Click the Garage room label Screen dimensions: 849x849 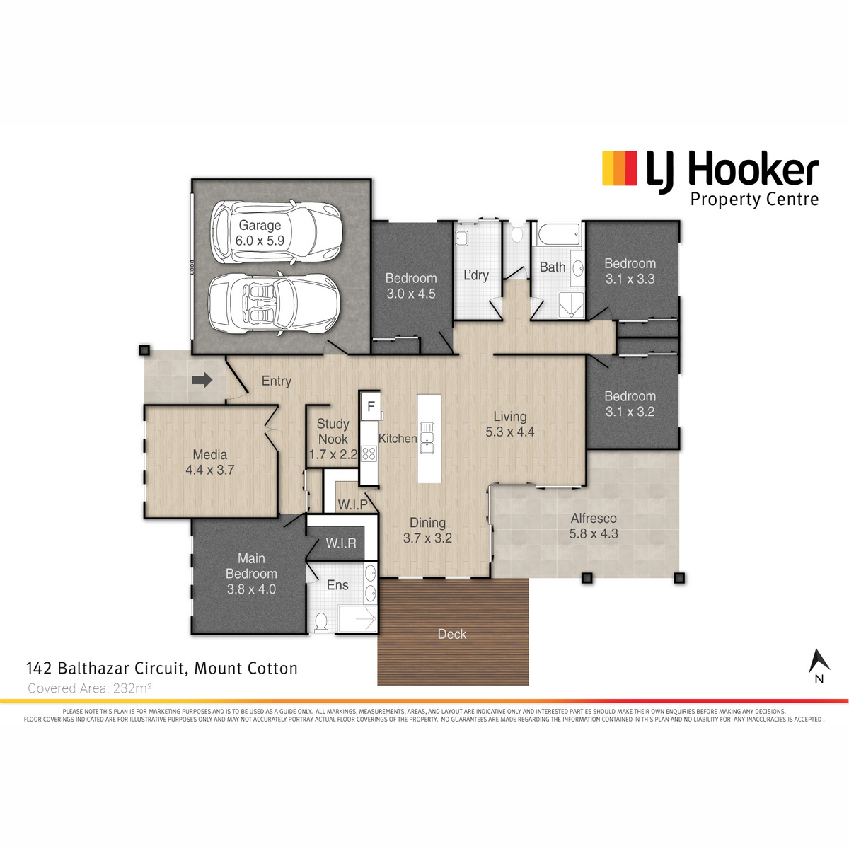point(260,233)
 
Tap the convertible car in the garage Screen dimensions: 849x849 point(274,304)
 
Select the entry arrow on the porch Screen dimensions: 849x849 point(202,380)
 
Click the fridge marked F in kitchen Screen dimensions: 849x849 point(371,405)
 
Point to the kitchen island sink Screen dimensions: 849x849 point(427,437)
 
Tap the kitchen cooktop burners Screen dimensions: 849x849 point(369,454)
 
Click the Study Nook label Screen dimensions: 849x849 point(333,439)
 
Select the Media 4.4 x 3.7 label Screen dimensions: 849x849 point(210,462)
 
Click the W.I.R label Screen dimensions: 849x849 point(341,543)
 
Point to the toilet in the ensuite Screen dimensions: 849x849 point(321,621)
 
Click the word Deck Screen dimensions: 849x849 point(452,634)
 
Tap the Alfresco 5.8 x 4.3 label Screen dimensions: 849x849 point(594,526)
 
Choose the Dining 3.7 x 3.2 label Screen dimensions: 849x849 point(427,531)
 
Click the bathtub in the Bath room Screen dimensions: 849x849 point(558,234)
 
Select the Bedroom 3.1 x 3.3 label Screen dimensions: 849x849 point(630,271)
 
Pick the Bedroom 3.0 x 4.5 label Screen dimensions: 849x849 point(411,286)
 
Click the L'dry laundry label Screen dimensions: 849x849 point(476,275)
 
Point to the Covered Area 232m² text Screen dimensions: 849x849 point(89,688)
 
